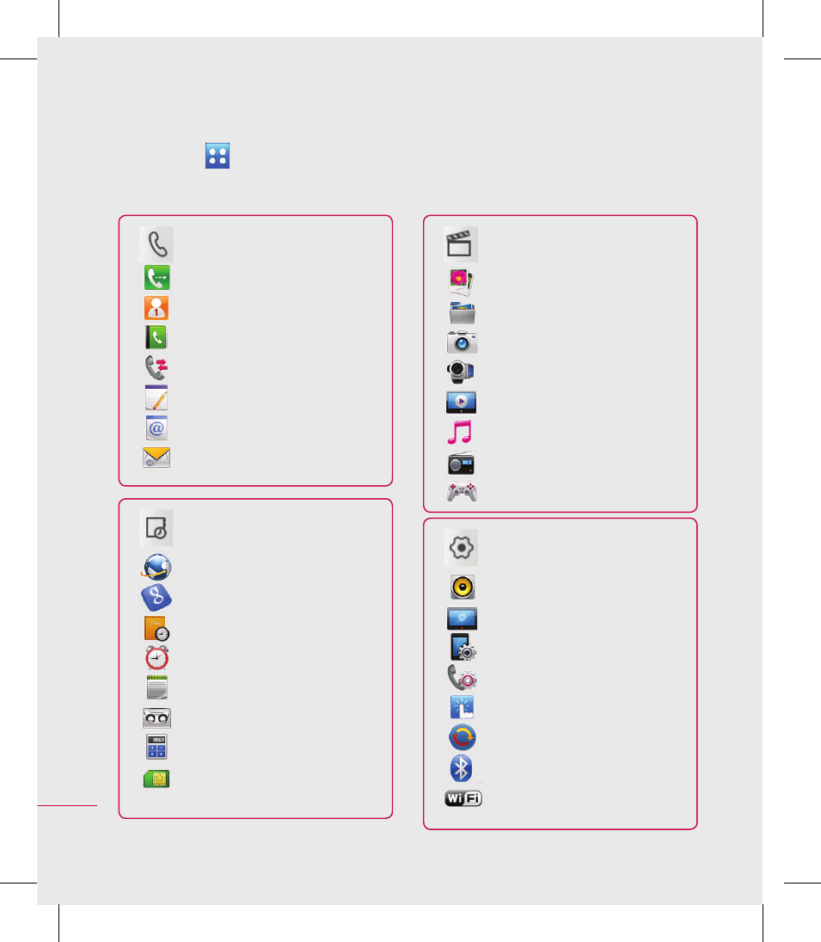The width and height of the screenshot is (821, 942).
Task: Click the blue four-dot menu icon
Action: (218, 156)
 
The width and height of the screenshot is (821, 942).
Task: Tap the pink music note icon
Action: (460, 432)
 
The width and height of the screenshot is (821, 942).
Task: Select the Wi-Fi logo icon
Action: (463, 798)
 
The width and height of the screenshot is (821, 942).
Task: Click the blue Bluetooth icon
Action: (461, 767)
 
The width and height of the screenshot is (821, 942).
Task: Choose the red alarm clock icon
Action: (156, 658)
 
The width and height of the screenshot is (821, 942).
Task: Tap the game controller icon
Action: (462, 491)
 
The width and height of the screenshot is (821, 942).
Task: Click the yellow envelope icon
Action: (156, 457)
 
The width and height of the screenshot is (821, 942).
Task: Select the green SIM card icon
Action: (156, 779)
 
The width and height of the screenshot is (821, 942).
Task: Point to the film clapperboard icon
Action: (460, 244)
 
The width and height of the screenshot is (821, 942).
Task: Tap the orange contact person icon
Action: (156, 308)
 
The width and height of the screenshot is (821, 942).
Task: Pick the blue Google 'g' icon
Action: (156, 597)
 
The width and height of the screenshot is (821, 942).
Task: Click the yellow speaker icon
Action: (463, 587)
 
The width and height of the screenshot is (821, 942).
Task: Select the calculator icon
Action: (156, 747)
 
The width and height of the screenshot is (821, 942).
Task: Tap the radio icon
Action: (461, 463)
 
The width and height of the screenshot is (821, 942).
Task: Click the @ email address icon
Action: (156, 428)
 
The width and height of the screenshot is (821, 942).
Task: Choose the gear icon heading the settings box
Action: (461, 548)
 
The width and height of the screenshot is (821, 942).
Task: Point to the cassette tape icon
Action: (156, 717)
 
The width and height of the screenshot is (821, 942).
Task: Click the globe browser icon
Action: (156, 567)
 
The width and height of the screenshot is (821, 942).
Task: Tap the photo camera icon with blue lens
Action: (463, 342)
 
